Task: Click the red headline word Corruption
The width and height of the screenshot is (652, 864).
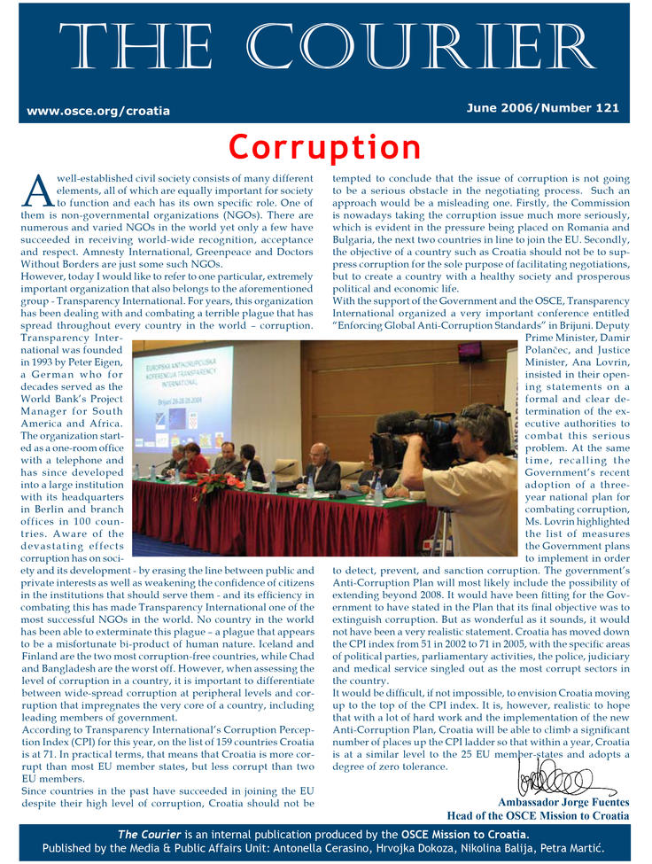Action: click(x=325, y=146)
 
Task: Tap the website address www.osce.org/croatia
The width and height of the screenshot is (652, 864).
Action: click(x=98, y=111)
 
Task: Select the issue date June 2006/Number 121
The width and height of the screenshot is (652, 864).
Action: click(x=542, y=107)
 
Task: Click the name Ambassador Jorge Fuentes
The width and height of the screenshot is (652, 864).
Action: click(x=563, y=802)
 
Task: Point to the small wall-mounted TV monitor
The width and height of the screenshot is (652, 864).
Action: click(x=470, y=351)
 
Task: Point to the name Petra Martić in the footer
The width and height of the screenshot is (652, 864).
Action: click(x=575, y=849)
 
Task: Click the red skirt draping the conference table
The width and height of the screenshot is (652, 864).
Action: click(x=283, y=524)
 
